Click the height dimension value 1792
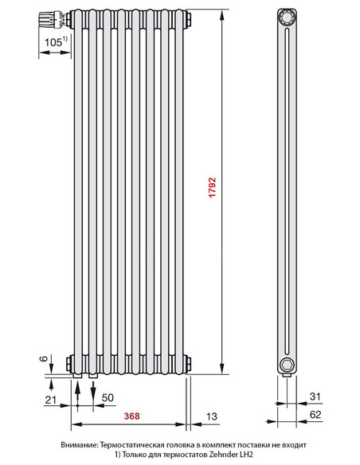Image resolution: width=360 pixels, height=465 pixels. pyautogui.click(x=213, y=189)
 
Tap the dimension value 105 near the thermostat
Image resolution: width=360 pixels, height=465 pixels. pyautogui.click(x=54, y=41)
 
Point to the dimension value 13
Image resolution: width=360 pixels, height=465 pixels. pyautogui.click(x=211, y=416)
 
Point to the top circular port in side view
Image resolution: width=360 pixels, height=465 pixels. pyautogui.click(x=287, y=18)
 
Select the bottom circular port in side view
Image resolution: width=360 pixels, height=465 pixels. pyautogui.click(x=287, y=365)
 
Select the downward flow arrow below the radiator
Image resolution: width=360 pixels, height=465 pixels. pyautogui.click(x=94, y=391)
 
